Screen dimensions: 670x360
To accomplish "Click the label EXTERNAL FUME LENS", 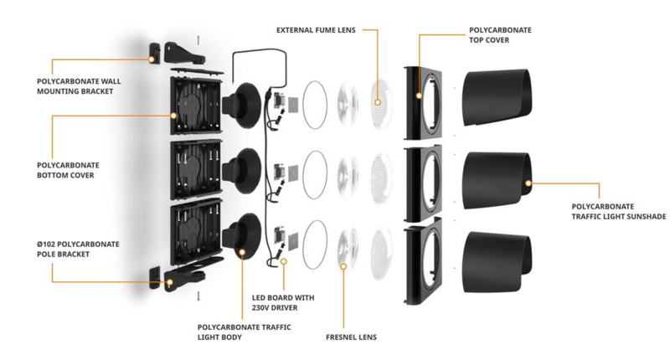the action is pyautogui.click(x=316, y=30).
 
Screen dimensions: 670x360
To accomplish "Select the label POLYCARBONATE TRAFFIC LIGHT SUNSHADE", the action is pyautogui.click(x=619, y=211).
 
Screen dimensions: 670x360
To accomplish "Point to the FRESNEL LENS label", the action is pyautogui.click(x=351, y=337).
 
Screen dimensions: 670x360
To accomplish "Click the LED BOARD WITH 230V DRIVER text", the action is pyautogui.click(x=283, y=302).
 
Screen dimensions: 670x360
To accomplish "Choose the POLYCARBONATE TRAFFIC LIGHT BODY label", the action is pyautogui.click(x=244, y=332).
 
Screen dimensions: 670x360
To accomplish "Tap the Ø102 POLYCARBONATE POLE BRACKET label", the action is pyautogui.click(x=78, y=249).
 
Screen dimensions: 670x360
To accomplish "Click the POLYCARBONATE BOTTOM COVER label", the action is pyautogui.click(x=68, y=170).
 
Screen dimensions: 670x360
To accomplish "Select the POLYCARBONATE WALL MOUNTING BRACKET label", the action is pyautogui.click(x=79, y=86).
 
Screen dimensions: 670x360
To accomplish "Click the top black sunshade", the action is pyautogui.click(x=497, y=97).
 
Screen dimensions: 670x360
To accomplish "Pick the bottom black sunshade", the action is pyautogui.click(x=497, y=262).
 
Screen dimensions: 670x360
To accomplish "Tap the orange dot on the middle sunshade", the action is pyautogui.click(x=528, y=183).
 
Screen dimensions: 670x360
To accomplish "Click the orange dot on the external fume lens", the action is pyautogui.click(x=378, y=102).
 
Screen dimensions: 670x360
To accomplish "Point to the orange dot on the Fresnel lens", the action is pyautogui.click(x=343, y=266).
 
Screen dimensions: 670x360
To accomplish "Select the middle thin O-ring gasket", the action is pyautogui.click(x=315, y=175).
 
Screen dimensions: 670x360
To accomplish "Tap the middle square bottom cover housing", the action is pyautogui.click(x=197, y=171).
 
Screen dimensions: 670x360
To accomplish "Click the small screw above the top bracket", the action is pyautogui.click(x=198, y=40).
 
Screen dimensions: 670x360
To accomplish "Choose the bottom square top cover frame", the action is pyautogui.click(x=424, y=261).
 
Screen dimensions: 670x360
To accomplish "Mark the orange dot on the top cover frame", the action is pyautogui.click(x=420, y=95).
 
